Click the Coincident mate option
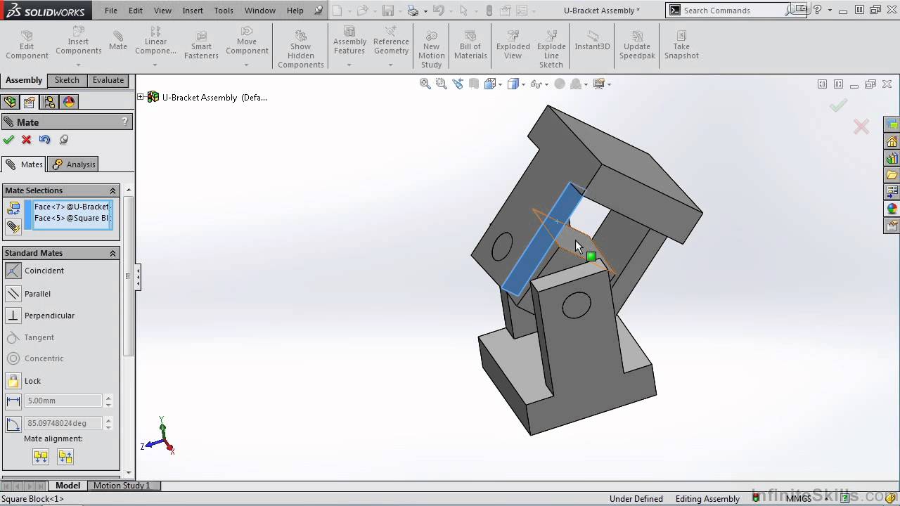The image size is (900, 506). (44, 271)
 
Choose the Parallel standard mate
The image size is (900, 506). (37, 294)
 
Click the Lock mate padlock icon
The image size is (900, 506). (13, 381)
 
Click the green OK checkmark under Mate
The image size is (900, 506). (9, 140)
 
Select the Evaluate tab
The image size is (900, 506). (108, 80)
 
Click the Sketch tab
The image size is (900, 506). (67, 80)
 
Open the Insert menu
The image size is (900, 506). (193, 11)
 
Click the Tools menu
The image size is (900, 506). (224, 11)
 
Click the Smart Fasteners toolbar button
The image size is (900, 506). (201, 46)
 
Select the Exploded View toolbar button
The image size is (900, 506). (513, 46)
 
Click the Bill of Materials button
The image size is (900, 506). (470, 46)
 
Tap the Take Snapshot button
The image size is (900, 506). (681, 46)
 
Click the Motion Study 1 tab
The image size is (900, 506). (122, 486)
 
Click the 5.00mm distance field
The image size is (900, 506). (63, 401)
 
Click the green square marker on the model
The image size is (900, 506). (591, 257)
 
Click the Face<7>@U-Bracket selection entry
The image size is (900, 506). (71, 207)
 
